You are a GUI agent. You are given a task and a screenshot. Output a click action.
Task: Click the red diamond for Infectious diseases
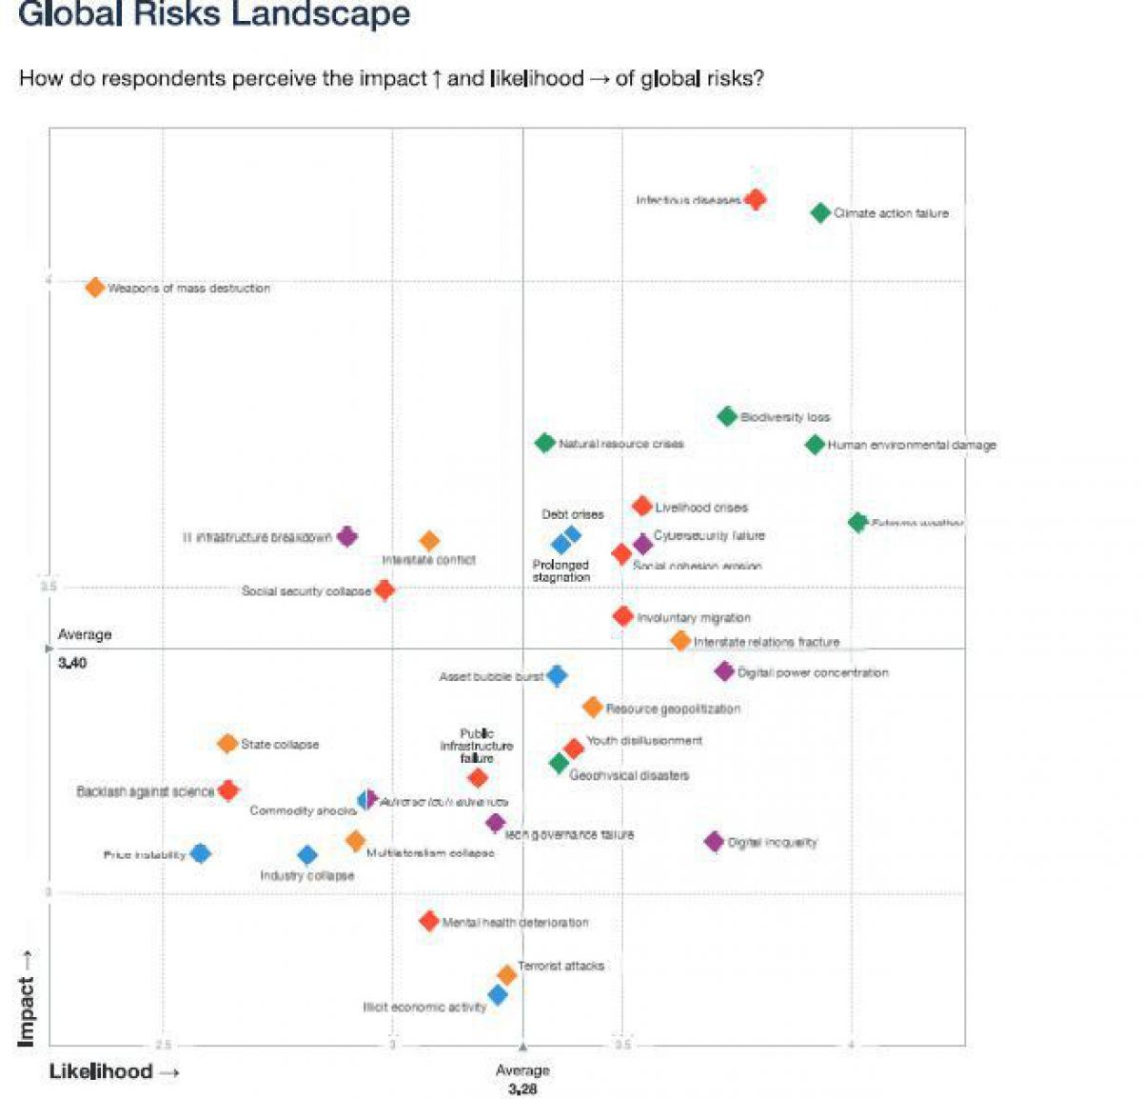click(756, 199)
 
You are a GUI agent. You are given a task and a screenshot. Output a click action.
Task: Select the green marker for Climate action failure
click(820, 213)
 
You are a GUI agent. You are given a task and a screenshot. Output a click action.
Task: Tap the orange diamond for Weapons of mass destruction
click(95, 287)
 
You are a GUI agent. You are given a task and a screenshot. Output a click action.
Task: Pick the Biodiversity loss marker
click(727, 416)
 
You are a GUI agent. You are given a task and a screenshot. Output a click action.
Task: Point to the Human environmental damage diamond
click(815, 444)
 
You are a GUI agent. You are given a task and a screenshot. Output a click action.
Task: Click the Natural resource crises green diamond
click(545, 443)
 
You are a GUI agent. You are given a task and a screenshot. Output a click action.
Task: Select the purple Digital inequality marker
click(715, 841)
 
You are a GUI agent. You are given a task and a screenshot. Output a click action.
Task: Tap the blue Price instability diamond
click(200, 853)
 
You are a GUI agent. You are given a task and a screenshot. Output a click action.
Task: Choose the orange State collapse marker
click(227, 744)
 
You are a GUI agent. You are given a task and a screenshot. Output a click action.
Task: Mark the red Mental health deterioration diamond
click(429, 921)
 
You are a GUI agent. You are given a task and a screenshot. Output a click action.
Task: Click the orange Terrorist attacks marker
click(507, 974)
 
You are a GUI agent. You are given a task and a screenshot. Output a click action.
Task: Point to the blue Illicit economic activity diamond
click(498, 995)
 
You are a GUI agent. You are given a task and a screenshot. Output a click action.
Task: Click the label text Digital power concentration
click(813, 672)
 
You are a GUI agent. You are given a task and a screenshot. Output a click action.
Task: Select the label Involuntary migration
click(694, 618)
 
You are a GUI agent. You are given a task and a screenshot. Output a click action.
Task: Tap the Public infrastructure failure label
click(476, 746)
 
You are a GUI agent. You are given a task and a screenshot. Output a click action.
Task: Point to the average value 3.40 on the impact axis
click(72, 663)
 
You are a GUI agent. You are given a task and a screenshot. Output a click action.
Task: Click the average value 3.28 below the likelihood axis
click(522, 1089)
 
